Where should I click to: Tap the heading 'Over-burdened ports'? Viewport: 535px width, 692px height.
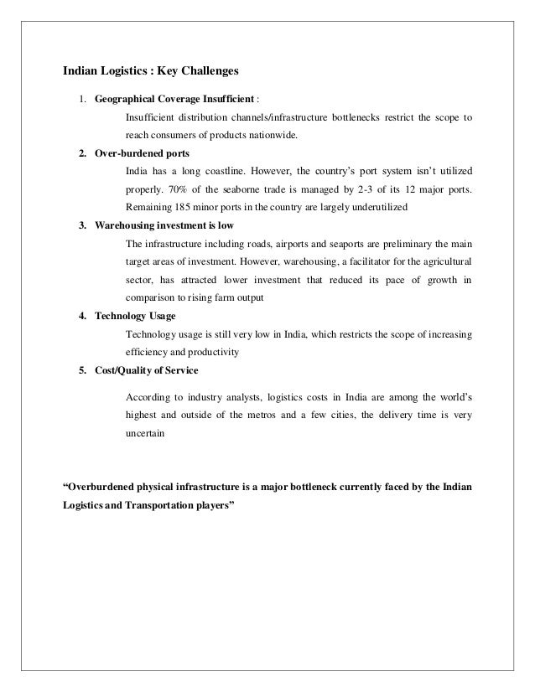coord(142,154)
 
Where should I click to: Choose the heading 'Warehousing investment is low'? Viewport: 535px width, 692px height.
coord(164,227)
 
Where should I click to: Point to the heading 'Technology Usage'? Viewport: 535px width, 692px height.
coord(134,318)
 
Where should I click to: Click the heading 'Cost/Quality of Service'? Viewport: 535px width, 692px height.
coord(147,371)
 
